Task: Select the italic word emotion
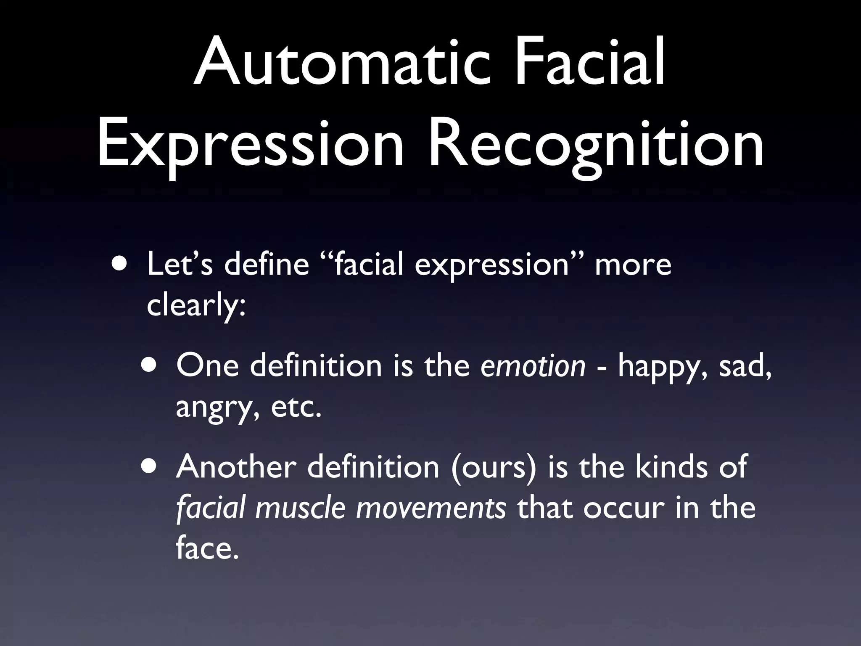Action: (533, 365)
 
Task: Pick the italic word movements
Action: (431, 508)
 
